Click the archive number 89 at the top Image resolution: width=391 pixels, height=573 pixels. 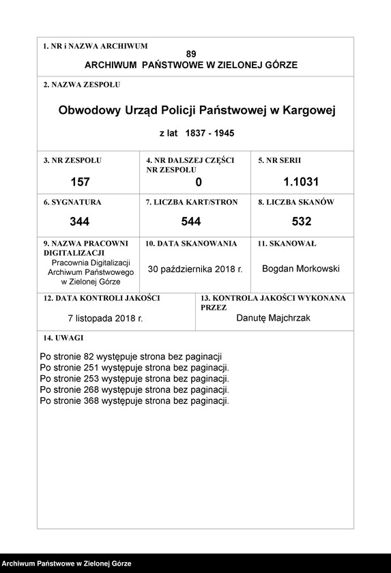[190, 54]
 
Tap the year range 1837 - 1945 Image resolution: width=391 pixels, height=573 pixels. [205, 134]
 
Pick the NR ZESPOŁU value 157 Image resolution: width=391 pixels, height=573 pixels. [80, 182]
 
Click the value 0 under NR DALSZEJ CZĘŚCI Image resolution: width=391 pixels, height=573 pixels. [199, 182]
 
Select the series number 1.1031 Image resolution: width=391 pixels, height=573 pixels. [301, 182]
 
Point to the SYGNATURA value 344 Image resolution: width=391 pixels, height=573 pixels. [80, 222]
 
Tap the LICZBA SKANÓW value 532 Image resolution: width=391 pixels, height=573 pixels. [301, 222]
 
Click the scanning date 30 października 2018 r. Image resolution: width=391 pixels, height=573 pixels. [195, 269]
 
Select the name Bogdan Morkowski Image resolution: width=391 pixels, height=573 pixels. [301, 269]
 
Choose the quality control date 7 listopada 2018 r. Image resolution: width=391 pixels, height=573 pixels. [105, 318]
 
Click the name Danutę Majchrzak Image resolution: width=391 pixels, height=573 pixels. [273, 317]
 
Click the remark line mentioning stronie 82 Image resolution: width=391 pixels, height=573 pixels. [131, 357]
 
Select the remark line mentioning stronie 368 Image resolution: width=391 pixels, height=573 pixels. [134, 401]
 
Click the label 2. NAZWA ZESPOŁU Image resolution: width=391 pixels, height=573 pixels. [81, 85]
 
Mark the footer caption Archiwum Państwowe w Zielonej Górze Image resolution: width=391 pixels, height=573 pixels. [66, 564]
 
